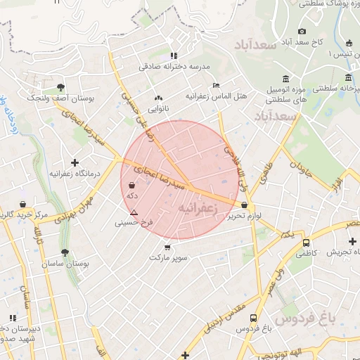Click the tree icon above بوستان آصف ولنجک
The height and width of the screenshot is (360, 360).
(x=61, y=87)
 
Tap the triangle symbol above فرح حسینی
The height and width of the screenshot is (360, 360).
(x=134, y=212)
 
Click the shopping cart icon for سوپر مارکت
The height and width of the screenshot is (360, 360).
(x=167, y=247)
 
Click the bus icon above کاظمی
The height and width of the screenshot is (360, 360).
(x=306, y=243)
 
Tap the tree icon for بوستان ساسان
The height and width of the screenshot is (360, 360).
(x=65, y=252)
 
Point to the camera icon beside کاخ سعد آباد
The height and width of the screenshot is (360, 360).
(x=302, y=31)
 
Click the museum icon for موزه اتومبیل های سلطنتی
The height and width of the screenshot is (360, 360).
(x=285, y=79)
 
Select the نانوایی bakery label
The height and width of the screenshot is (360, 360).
(x=157, y=109)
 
